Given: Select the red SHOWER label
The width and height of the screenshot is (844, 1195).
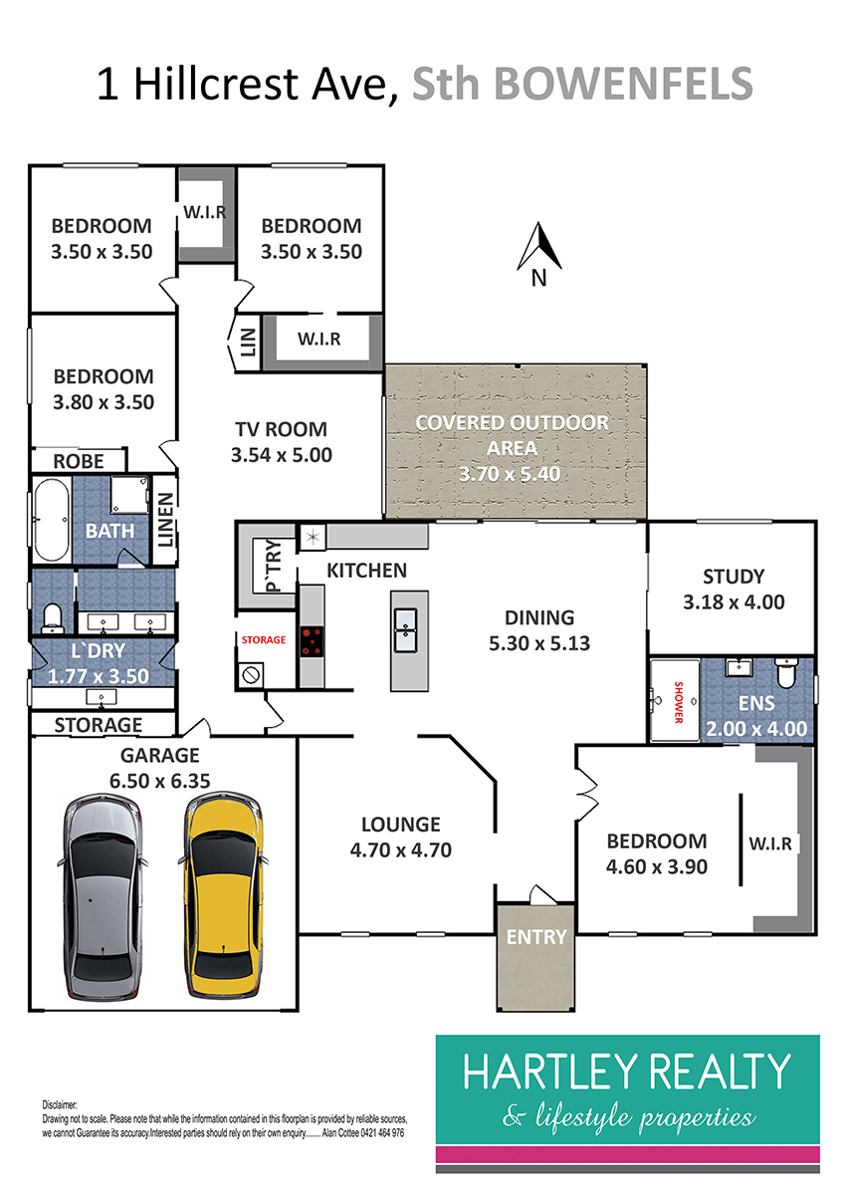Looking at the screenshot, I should (679, 701).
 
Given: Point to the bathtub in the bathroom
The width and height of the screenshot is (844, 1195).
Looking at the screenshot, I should (50, 521).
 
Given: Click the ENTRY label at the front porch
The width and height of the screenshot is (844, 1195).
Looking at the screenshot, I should (536, 937).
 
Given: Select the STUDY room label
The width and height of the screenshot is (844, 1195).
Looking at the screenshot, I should (734, 576).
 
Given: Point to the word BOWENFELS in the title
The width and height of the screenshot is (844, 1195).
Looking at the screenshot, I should (623, 84).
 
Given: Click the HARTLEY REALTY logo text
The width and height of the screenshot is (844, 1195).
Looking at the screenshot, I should (627, 1073).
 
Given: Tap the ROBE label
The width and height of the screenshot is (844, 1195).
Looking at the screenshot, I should (79, 461).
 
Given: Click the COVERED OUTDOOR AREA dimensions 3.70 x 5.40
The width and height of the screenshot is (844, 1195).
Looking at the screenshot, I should (512, 474).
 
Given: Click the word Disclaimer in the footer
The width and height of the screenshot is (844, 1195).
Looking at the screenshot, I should (62, 1106).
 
